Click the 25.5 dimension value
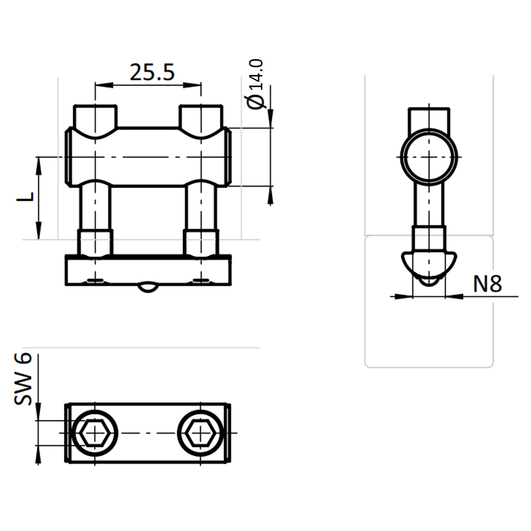[152, 72]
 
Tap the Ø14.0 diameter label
[255, 84]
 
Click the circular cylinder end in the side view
[429, 157]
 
